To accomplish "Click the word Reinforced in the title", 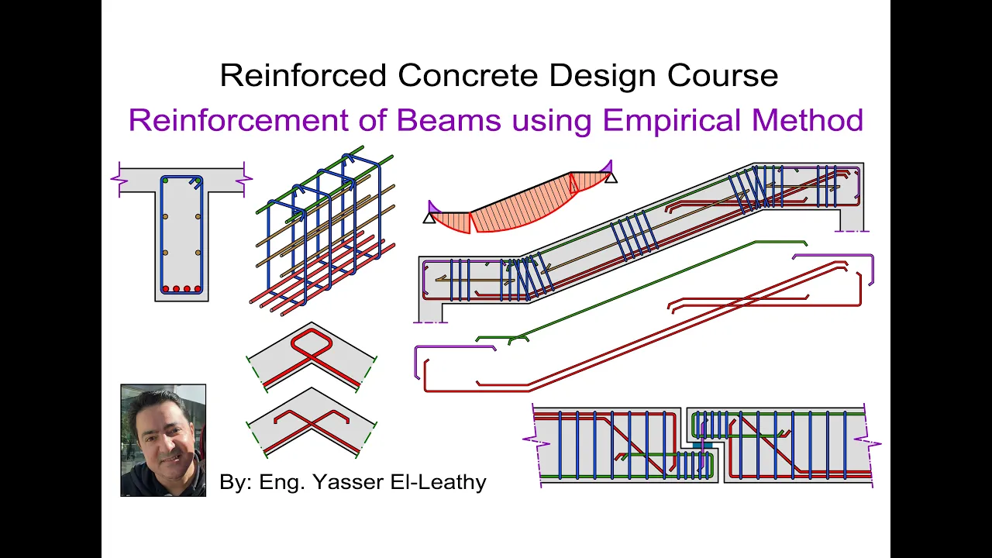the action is tap(303, 75).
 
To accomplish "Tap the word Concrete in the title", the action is tap(467, 75).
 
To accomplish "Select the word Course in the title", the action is tap(723, 75).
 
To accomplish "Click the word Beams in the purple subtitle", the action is tap(449, 120).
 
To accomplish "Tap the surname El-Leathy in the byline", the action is tap(438, 481).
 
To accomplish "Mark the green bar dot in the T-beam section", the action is tap(165, 181).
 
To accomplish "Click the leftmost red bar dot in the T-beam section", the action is tap(166, 289).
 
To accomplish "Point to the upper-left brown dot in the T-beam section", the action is tap(165, 216).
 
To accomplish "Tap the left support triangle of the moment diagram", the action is tap(429, 218).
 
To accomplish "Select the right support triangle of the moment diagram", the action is tap(611, 177).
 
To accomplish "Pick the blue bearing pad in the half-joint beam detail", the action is tap(702, 444).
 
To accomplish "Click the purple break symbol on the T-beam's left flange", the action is tap(119, 179).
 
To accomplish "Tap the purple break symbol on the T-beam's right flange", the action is tap(244, 179).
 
